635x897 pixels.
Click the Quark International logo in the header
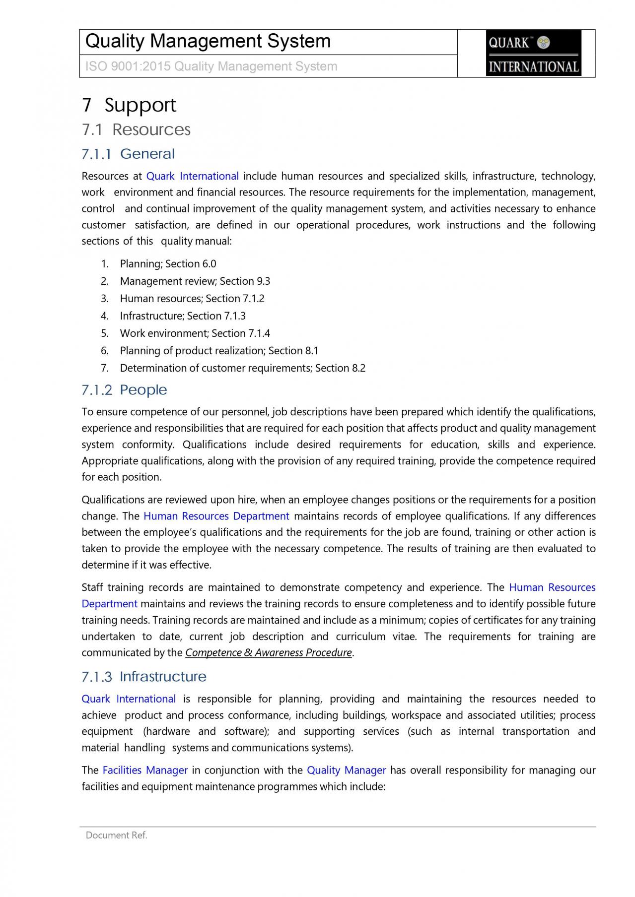(x=533, y=53)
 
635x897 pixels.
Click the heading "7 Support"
(x=129, y=105)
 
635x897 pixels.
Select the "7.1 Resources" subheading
(x=137, y=129)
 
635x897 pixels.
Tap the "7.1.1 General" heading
(x=128, y=154)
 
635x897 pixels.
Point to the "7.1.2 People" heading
(x=124, y=390)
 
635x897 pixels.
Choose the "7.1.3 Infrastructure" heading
(x=144, y=677)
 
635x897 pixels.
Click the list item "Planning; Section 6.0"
(x=168, y=264)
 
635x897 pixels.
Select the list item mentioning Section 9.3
(x=195, y=281)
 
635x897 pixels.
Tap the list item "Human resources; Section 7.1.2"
(x=192, y=299)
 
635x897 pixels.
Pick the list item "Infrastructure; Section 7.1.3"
(x=182, y=316)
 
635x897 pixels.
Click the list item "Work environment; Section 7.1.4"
(x=195, y=333)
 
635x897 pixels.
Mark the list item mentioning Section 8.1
(x=219, y=351)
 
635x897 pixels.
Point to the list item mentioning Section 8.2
(x=242, y=368)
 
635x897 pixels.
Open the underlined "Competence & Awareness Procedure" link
(x=268, y=653)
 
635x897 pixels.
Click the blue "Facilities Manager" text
(x=145, y=770)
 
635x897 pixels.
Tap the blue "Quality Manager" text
(x=346, y=770)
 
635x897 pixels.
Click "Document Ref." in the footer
(x=117, y=835)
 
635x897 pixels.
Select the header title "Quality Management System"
(x=208, y=41)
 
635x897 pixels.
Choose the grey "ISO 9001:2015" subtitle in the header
(x=211, y=66)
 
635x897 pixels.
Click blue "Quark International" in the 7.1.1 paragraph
(x=193, y=177)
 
